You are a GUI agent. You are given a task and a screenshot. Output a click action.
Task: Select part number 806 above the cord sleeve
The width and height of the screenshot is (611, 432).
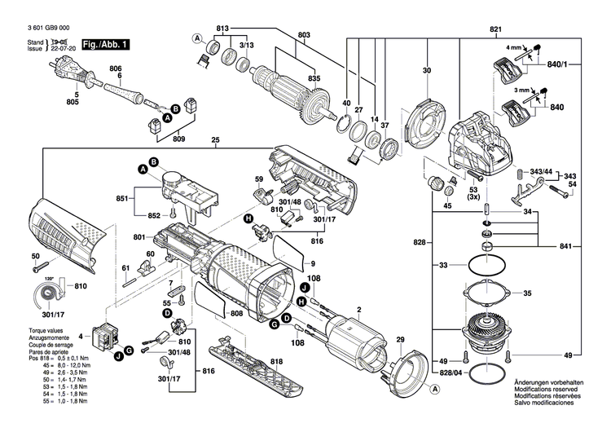click(x=115, y=68)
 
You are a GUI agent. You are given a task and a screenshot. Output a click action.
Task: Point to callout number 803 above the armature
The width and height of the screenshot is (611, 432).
click(x=282, y=34)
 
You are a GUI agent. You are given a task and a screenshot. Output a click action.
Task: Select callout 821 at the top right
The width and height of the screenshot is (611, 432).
click(x=495, y=30)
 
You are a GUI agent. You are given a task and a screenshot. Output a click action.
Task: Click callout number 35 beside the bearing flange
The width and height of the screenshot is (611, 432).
click(x=527, y=293)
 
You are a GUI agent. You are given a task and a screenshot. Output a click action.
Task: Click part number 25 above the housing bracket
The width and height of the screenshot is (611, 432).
click(x=215, y=140)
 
